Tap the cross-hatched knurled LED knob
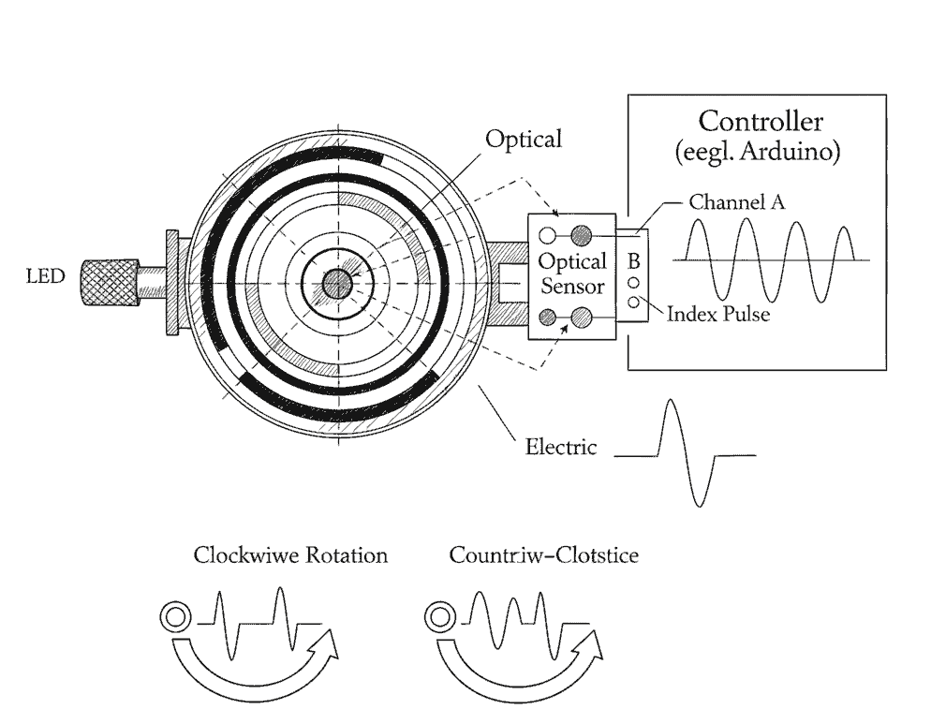[108, 282]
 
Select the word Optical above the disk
[524, 140]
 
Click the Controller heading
[761, 121]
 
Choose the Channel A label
[736, 201]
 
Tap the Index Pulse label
[718, 314]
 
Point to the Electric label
[560, 447]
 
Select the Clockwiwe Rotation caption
[290, 555]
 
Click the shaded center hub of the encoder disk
[336, 283]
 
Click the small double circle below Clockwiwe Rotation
[174, 617]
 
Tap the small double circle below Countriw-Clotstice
[438, 617]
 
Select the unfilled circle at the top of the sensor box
[548, 234]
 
